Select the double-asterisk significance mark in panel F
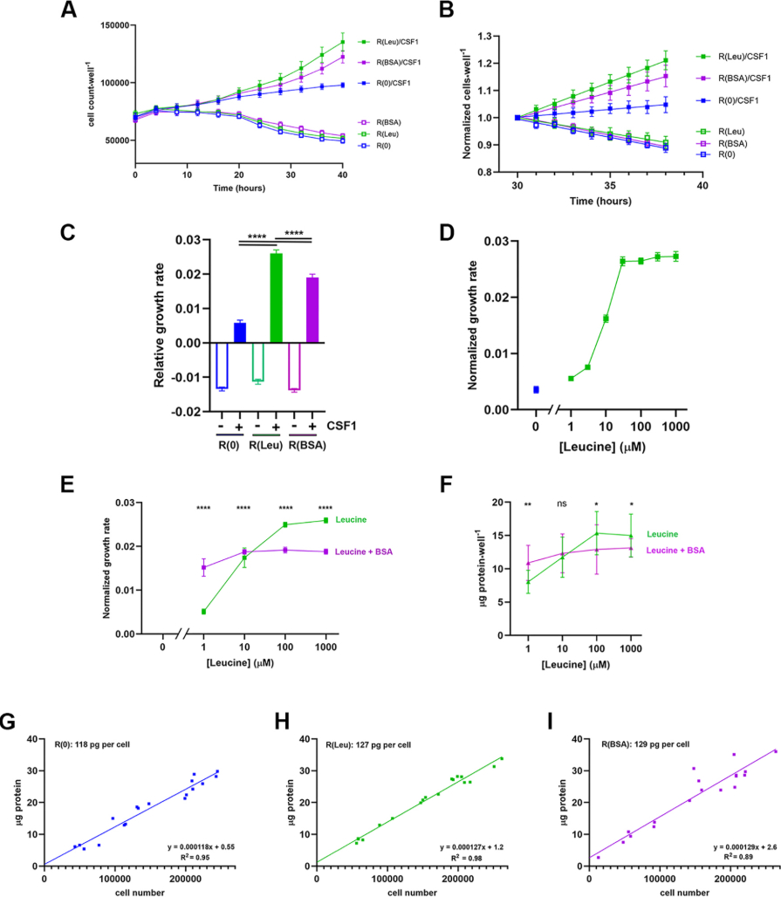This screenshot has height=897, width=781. pyautogui.click(x=527, y=505)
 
